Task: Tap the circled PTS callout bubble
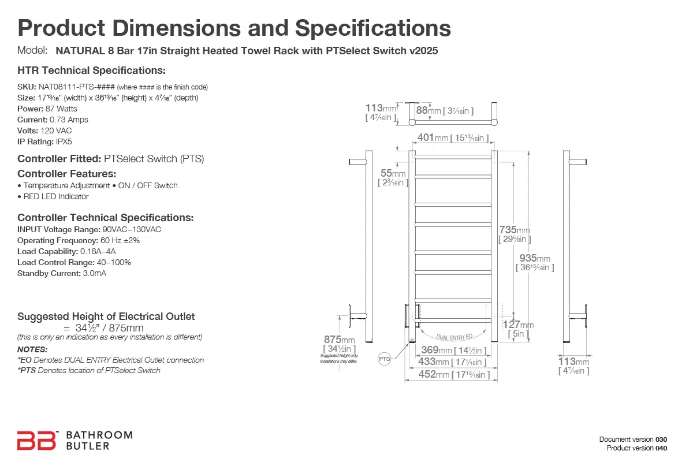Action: click(385, 359)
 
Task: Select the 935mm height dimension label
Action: click(535, 259)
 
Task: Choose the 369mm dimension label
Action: click(437, 350)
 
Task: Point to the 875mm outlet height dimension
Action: click(339, 340)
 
